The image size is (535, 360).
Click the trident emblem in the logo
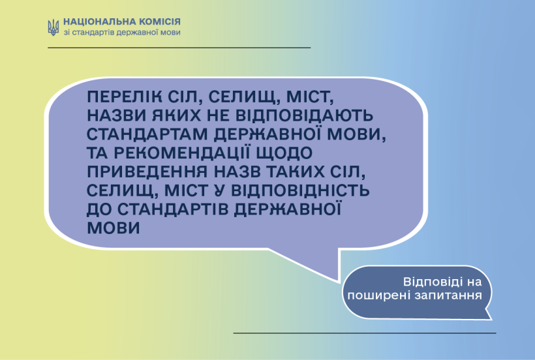pyautogui.click(x=53, y=27)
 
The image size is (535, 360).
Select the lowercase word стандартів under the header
pyautogui.click(x=93, y=33)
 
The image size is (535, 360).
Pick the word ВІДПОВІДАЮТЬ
pyautogui.click(x=304, y=115)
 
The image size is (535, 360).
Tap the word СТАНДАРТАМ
pyautogui.click(x=147, y=134)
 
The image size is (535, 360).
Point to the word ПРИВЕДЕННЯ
pyautogui.click(x=147, y=172)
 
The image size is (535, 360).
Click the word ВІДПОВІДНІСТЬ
pyautogui.click(x=300, y=190)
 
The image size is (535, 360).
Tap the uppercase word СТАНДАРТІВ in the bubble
pyautogui.click(x=173, y=209)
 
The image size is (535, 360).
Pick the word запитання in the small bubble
pyautogui.click(x=448, y=295)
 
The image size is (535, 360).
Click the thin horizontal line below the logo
pyautogui.click(x=179, y=48)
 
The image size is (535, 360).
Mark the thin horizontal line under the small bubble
pyautogui.click(x=365, y=333)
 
